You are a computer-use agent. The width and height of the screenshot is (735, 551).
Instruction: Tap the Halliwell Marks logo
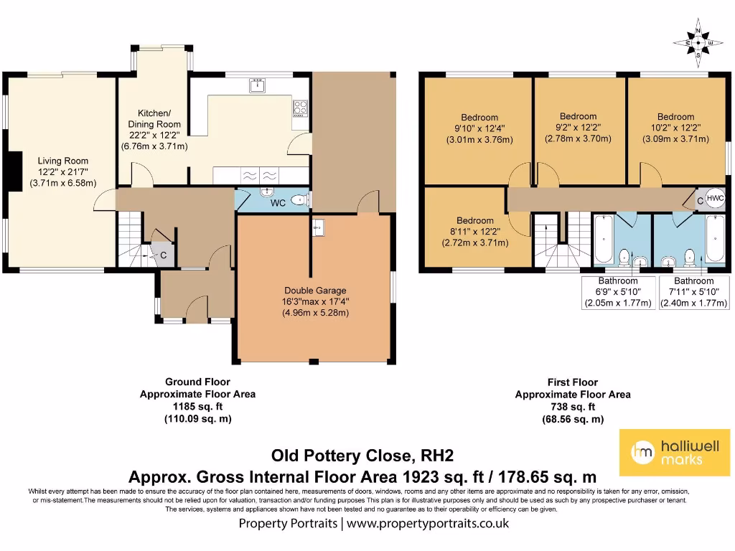[x=674, y=452]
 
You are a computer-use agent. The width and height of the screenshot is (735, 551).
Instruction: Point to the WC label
[x=278, y=203]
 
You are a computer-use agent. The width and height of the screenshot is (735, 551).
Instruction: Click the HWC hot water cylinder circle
[x=716, y=199]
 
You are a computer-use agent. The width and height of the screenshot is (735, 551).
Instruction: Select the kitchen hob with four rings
[x=300, y=108]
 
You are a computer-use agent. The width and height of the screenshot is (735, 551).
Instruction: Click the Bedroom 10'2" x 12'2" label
[x=675, y=127]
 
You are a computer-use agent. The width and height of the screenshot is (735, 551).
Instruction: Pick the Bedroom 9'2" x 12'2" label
[x=578, y=127]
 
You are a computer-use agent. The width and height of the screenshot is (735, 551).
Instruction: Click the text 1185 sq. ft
[x=197, y=406]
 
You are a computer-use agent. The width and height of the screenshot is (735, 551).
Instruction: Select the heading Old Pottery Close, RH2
[x=362, y=456]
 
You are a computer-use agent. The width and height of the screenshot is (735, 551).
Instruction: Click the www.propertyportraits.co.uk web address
[x=428, y=523]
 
